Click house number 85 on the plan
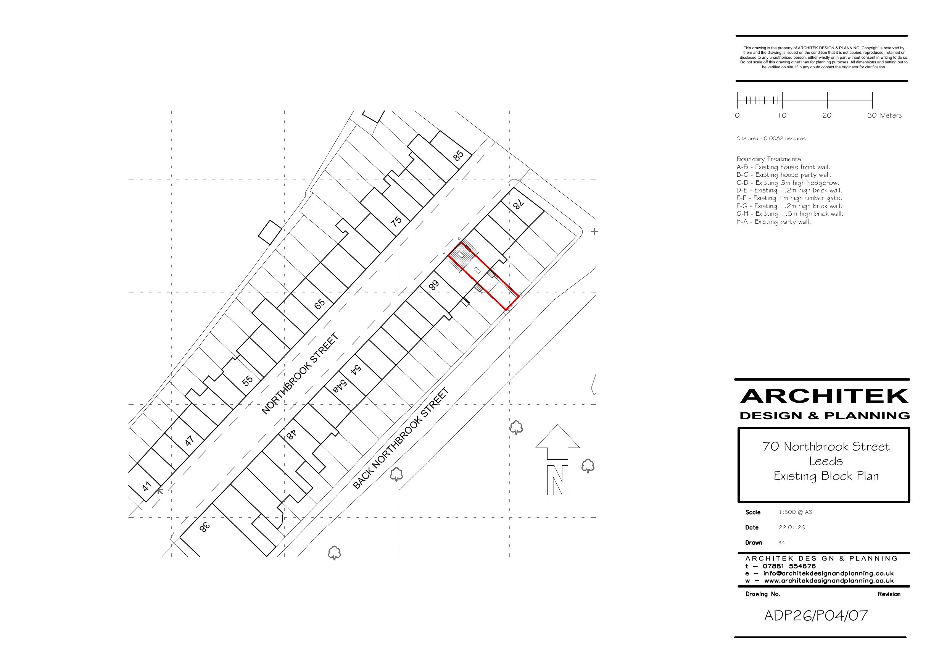[458, 156]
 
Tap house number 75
[396, 222]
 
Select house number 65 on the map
[320, 304]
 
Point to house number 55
[248, 380]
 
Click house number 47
[189, 441]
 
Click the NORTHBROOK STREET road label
[300, 374]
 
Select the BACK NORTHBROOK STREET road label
[401, 438]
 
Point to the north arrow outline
[558, 442]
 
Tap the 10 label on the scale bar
[782, 116]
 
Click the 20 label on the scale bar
[827, 116]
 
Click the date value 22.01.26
[791, 527]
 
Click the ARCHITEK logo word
[824, 396]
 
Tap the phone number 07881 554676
[789, 566]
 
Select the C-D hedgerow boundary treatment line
[788, 183]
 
